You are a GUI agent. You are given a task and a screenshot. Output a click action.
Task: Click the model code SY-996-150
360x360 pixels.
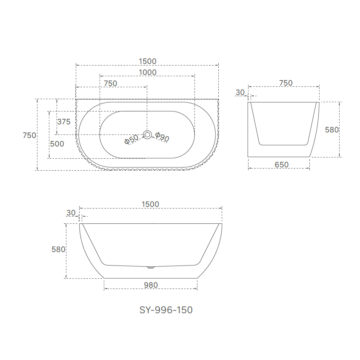click(x=166, y=310)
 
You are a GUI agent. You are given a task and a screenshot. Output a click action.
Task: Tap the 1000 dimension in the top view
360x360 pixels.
click(x=147, y=72)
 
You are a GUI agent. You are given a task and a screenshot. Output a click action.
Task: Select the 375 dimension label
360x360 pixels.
click(x=63, y=122)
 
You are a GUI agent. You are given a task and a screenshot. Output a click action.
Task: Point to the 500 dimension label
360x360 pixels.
click(x=57, y=144)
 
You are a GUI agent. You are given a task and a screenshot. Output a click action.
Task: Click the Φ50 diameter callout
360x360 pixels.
click(x=131, y=139)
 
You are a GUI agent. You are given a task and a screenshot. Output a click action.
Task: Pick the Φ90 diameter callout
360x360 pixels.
click(x=162, y=137)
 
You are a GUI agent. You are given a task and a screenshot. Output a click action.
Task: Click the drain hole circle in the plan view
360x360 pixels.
click(x=147, y=135)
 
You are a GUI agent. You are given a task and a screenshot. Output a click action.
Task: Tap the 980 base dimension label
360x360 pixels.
click(x=151, y=285)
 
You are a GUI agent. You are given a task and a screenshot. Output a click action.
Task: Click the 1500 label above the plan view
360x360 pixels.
click(x=147, y=62)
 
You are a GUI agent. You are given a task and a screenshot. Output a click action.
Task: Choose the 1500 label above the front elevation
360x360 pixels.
click(x=150, y=204)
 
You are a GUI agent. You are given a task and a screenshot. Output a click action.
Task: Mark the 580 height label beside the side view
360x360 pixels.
click(x=331, y=130)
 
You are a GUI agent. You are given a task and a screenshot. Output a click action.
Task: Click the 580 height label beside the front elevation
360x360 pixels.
click(x=58, y=250)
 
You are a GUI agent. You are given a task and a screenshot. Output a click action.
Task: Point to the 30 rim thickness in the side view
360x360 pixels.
click(x=240, y=92)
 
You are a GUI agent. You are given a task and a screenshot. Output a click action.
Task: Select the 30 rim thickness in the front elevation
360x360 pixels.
click(x=71, y=213)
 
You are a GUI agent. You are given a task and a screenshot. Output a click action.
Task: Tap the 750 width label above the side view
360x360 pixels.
click(x=286, y=83)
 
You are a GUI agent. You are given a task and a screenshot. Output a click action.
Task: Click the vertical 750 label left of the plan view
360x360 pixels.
click(x=29, y=135)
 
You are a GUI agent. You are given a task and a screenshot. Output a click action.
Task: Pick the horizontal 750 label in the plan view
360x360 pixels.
click(x=110, y=83)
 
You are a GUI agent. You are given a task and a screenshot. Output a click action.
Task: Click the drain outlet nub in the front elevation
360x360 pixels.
click(x=150, y=268)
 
